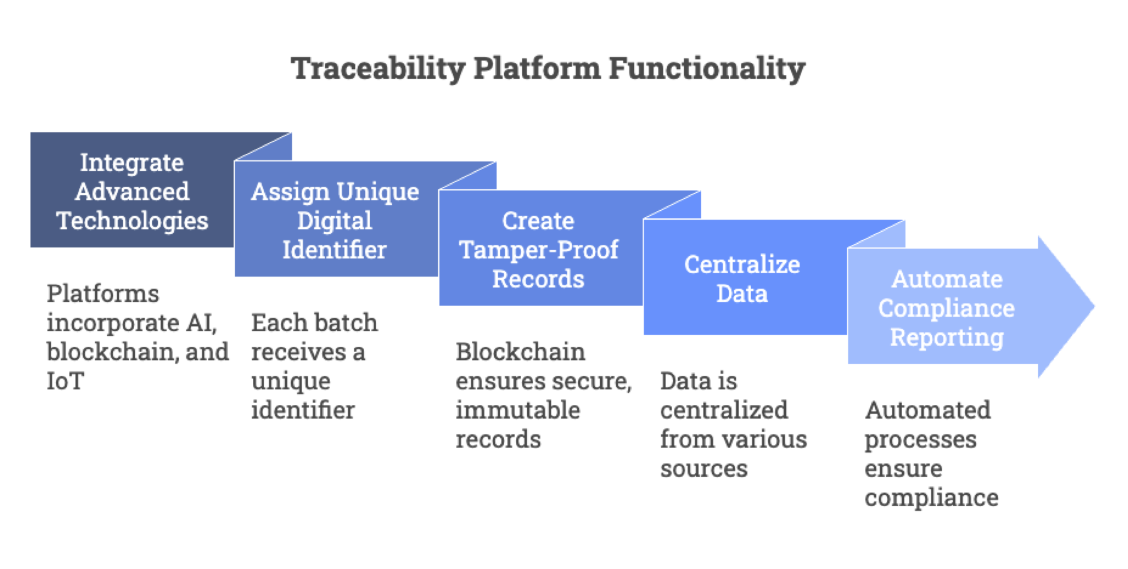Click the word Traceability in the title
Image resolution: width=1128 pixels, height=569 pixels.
tap(378, 68)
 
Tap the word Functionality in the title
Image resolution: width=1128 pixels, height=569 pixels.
tap(707, 68)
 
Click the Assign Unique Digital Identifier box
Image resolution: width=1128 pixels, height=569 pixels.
tap(335, 220)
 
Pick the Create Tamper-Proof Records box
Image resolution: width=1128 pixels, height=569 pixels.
tap(539, 250)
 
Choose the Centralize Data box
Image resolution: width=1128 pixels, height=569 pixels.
tap(742, 279)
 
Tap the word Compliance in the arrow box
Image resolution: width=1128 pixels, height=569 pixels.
tap(946, 308)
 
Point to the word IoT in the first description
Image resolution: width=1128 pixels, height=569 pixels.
tap(65, 381)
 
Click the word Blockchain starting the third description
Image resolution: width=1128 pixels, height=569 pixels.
tap(520, 352)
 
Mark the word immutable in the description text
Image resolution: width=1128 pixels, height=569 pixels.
tap(518, 410)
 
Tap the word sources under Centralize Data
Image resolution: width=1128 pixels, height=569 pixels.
tap(704, 468)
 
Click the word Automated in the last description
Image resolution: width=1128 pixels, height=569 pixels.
tap(927, 410)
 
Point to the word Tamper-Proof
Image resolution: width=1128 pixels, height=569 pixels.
tap(539, 250)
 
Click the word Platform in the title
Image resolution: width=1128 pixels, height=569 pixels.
tap(537, 68)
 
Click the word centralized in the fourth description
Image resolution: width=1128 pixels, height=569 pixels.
tap(724, 410)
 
